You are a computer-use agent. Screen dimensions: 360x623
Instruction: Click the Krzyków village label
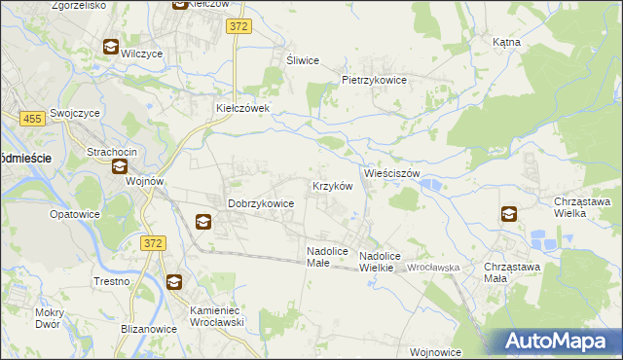point(330,185)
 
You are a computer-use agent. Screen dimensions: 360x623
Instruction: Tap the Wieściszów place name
point(391,173)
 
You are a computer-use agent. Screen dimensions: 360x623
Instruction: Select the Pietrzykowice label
point(373,80)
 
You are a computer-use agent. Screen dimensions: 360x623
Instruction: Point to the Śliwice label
point(303,60)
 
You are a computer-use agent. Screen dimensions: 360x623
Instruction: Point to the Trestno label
point(112,281)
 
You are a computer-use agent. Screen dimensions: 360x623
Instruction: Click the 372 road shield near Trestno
point(151,243)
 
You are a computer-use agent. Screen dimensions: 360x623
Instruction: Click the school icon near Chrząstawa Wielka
point(509,214)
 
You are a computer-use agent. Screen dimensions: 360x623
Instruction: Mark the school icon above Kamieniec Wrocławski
point(173,283)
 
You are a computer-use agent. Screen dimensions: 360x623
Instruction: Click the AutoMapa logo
point(557,342)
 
